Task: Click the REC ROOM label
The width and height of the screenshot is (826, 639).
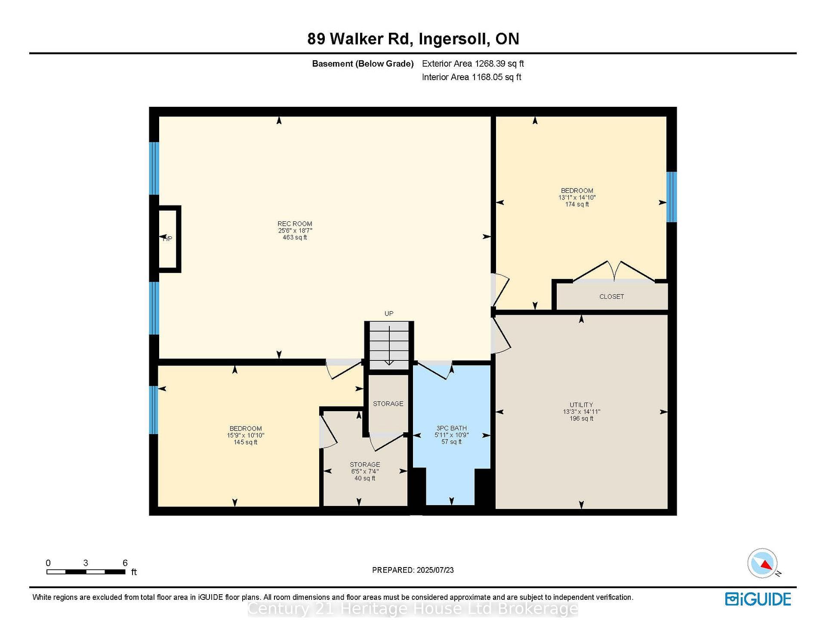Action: (295, 223)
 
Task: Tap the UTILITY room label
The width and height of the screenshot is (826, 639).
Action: (581, 405)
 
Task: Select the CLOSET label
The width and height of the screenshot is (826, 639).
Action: (611, 297)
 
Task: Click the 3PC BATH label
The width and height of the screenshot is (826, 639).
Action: (451, 428)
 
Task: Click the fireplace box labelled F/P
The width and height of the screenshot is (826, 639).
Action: (168, 239)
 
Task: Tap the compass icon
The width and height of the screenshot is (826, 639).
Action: (763, 563)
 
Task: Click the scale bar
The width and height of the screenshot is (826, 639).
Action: (86, 572)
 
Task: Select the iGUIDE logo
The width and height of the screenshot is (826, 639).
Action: (758, 599)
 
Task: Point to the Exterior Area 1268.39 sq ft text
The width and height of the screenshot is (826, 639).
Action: (473, 64)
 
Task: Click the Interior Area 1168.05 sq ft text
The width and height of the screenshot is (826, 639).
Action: (472, 77)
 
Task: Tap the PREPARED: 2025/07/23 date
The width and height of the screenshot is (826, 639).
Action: (413, 570)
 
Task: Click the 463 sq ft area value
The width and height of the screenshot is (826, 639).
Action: (295, 237)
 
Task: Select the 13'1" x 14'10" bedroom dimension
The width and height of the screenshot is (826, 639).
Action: (577, 198)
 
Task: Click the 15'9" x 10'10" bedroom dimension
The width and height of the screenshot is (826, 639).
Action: (246, 435)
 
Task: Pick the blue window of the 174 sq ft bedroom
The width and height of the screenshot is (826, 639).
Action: (672, 197)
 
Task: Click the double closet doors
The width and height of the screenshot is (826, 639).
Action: (614, 272)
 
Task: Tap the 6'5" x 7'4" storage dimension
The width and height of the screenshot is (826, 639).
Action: (365, 471)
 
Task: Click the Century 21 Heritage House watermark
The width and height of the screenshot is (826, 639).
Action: (413, 609)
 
